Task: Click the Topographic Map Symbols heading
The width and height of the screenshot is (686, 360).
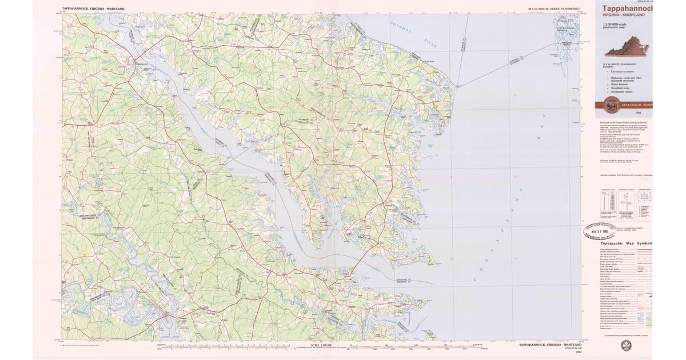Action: click(x=625, y=243)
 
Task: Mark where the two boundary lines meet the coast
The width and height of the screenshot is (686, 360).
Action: click(x=456, y=86)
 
